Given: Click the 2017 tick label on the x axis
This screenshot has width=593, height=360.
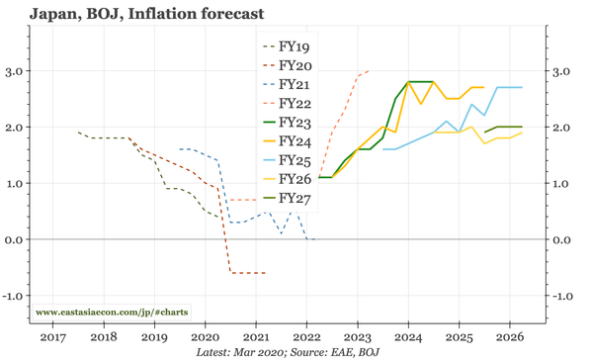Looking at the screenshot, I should point(52,336).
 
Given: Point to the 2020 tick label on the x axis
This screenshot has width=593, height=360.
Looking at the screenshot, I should point(205,336).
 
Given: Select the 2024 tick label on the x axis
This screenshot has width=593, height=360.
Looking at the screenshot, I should point(408,336).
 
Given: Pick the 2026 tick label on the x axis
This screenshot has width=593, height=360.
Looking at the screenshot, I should point(510,336).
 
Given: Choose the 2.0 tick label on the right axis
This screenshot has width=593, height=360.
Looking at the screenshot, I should point(562,128).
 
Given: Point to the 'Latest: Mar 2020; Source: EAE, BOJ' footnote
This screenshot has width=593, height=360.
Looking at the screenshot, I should point(288,351).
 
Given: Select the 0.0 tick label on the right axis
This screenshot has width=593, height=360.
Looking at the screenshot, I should point(562,239).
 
